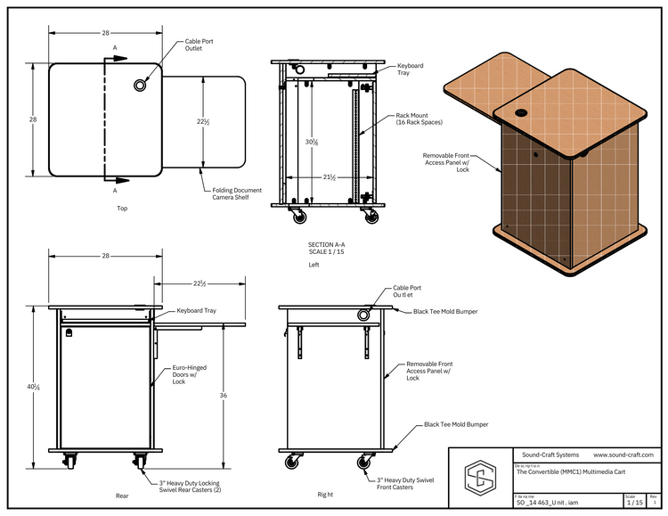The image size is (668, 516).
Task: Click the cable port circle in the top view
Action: [141, 85]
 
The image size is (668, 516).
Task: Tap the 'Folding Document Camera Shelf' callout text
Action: [236, 195]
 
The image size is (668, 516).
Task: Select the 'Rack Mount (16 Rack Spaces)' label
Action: [420, 119]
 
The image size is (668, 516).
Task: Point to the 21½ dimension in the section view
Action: [329, 177]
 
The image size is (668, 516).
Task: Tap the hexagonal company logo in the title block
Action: [481, 476]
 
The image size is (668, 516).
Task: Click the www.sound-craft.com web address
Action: [624, 455]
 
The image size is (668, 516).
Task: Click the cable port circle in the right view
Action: [364, 315]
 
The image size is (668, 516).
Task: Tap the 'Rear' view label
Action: [122, 495]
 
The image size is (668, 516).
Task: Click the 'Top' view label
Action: [122, 209]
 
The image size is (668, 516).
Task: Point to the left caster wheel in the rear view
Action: [68, 463]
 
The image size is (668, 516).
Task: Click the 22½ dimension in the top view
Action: [203, 122]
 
